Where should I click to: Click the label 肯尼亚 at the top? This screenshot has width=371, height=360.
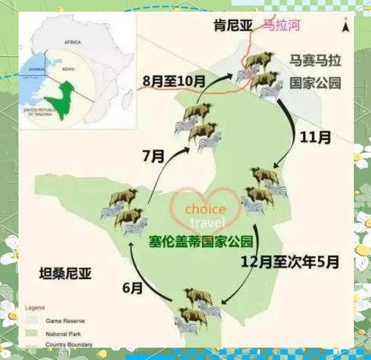[x=232, y=27]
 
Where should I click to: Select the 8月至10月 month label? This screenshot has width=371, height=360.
[x=174, y=80]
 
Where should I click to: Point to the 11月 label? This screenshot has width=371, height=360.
[x=315, y=137]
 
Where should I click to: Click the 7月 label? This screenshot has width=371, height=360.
[x=154, y=156]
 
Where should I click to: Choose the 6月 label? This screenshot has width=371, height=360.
[x=135, y=288]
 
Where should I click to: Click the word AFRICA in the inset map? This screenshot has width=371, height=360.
[x=72, y=42]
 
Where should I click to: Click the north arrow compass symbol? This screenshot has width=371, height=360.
[x=346, y=28]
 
